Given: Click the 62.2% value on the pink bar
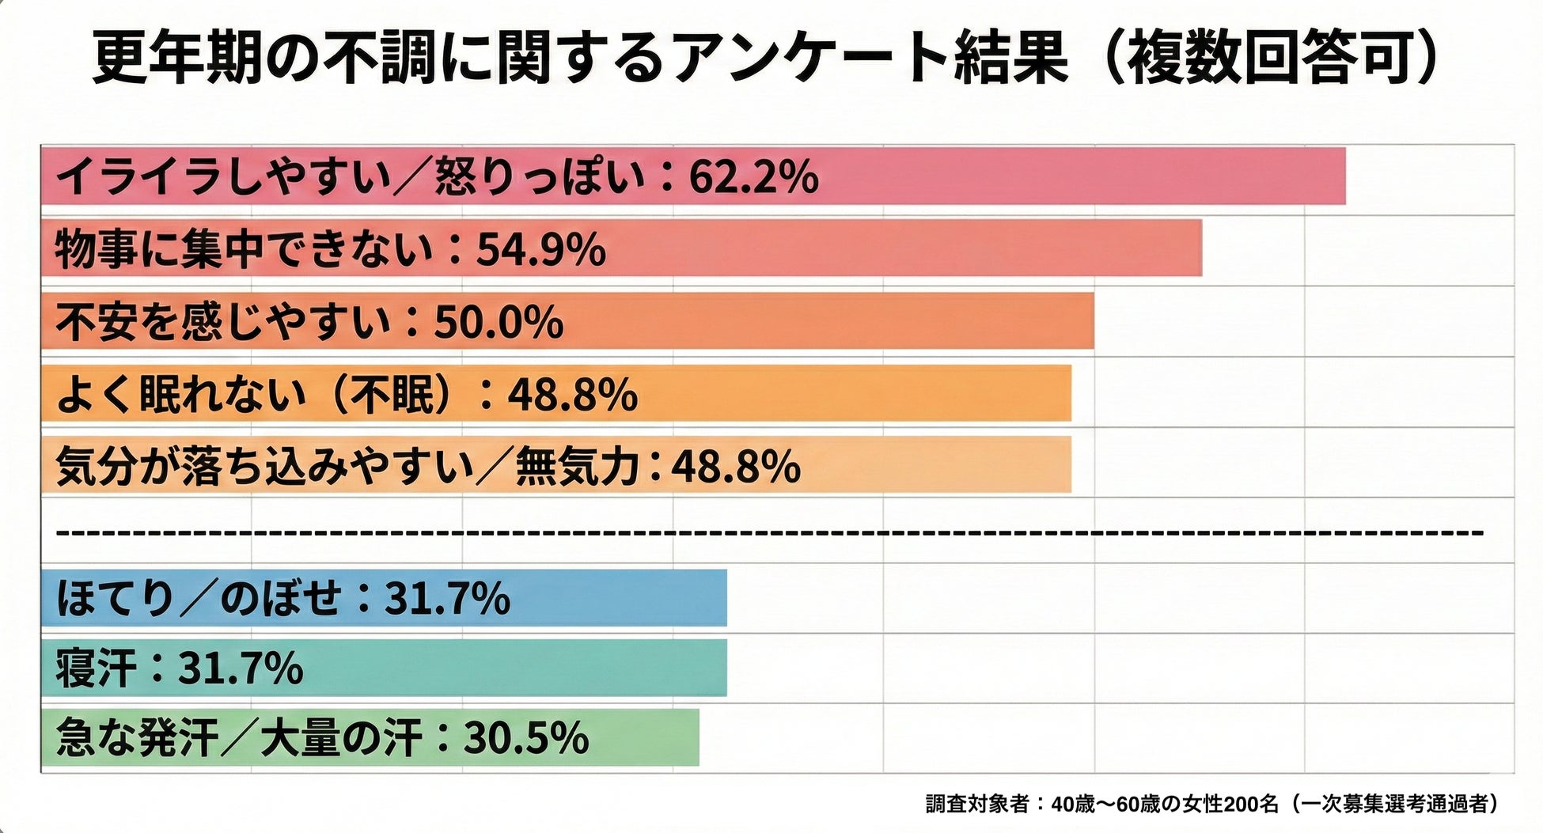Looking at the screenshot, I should pos(753,176).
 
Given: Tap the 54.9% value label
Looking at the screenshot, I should pos(540,249).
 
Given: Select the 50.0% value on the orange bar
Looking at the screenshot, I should pos(499,322).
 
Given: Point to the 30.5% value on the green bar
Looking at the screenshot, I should pos(525,737).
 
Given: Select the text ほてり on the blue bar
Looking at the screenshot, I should pos(116,598).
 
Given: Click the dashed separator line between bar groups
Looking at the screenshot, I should pos(768,532).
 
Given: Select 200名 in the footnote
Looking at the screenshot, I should pos(1251,805).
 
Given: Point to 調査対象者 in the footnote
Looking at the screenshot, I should pos(977,805).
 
